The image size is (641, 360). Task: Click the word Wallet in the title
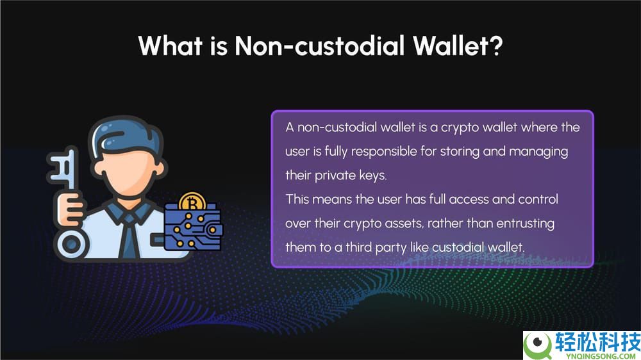[x=451, y=45]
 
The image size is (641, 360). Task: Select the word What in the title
[x=171, y=45]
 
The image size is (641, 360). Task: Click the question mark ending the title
[x=496, y=45]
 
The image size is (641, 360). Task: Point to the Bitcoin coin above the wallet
[x=192, y=201]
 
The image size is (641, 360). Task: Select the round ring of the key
[x=71, y=244]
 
